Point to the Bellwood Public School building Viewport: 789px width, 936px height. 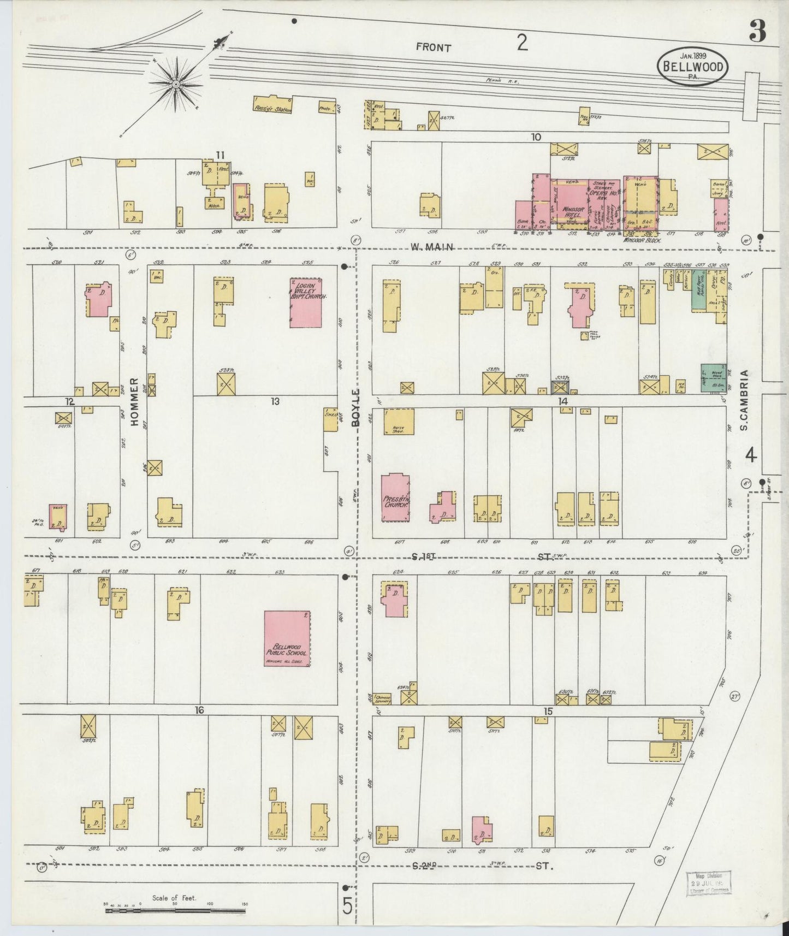[287, 639]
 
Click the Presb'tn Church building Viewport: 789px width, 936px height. [395, 497]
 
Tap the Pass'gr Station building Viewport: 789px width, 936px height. [272, 105]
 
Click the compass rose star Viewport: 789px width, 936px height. [176, 85]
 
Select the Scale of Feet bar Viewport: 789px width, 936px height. [175, 910]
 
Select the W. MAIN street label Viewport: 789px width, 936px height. [432, 247]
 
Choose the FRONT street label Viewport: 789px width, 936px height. [434, 48]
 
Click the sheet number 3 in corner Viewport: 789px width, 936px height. [757, 33]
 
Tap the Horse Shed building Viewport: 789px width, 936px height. [399, 422]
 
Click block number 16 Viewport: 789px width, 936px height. [199, 710]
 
